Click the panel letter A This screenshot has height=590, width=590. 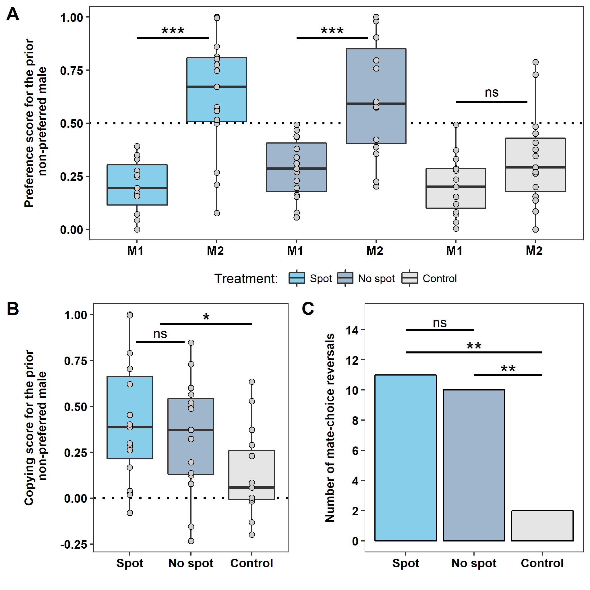coord(13,14)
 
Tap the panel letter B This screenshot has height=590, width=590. coord(13,309)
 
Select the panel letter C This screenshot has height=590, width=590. coord(308,309)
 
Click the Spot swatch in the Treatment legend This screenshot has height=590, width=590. coord(297,278)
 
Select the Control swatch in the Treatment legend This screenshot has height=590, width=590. coord(409,278)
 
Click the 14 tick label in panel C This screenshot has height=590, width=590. coord(352,330)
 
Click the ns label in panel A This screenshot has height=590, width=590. coord(491,92)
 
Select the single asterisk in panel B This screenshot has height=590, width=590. coord(206,317)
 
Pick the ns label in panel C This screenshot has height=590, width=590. coord(440,323)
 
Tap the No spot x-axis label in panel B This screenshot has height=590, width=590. coord(191,563)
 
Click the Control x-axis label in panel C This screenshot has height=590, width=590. coord(542,563)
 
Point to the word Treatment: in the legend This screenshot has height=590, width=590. coord(246,278)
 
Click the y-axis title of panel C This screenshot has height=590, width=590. coord(330,427)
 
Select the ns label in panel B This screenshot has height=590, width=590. coord(160,334)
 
